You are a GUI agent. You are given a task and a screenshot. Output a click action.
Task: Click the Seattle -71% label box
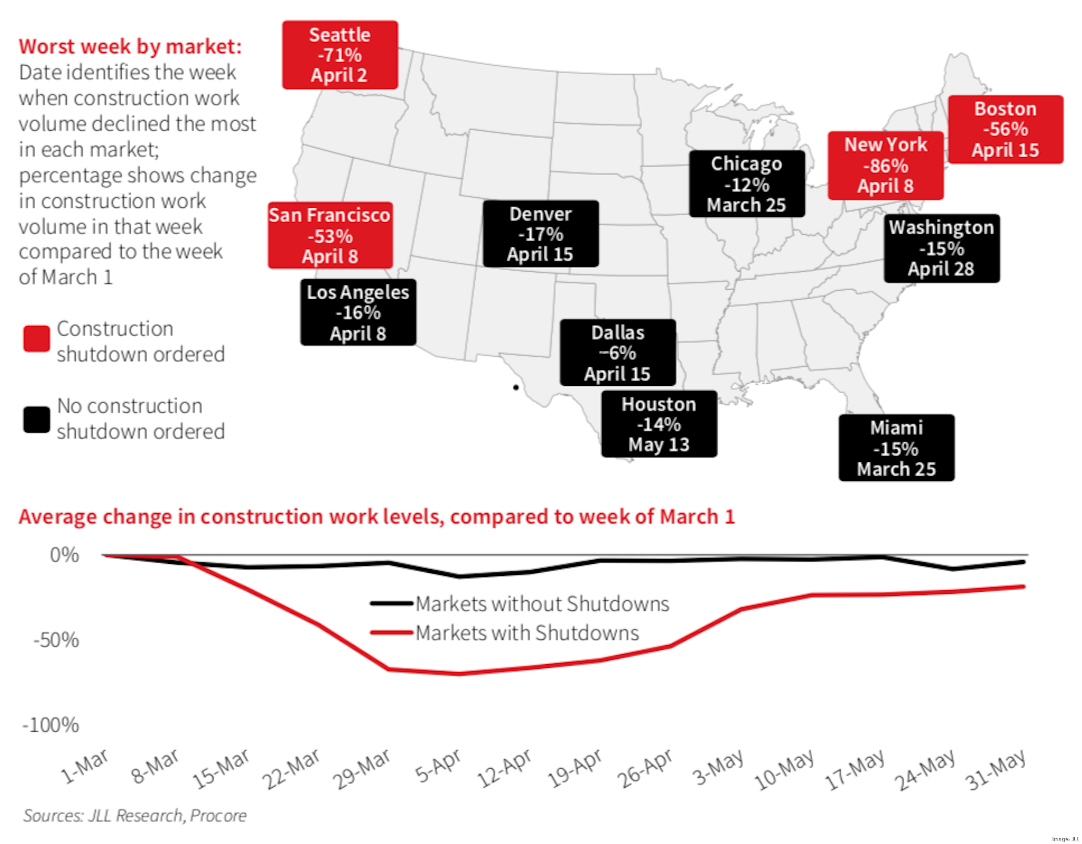(340, 55)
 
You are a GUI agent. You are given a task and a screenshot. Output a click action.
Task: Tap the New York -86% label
(885, 165)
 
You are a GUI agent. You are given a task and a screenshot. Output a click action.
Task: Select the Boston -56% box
(1005, 129)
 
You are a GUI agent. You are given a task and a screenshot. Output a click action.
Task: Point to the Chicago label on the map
(747, 184)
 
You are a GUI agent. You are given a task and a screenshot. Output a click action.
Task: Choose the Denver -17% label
(541, 234)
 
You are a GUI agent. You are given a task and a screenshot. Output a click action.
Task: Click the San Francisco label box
(330, 235)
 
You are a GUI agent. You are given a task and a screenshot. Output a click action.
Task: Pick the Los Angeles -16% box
(358, 313)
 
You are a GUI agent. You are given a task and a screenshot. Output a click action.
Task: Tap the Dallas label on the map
(618, 353)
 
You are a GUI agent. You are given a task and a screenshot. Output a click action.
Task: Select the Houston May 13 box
(659, 424)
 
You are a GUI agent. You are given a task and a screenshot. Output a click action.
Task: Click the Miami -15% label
(896, 448)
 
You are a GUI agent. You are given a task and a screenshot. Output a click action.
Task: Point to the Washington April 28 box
(941, 248)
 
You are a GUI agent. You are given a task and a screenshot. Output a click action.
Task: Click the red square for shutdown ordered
(37, 339)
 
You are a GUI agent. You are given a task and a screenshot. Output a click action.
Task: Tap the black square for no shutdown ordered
(37, 420)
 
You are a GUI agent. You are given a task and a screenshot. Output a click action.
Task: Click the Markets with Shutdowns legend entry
(526, 633)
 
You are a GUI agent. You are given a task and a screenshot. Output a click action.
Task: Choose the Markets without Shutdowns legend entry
(541, 604)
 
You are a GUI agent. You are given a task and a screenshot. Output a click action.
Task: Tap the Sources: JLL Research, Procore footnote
(135, 816)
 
